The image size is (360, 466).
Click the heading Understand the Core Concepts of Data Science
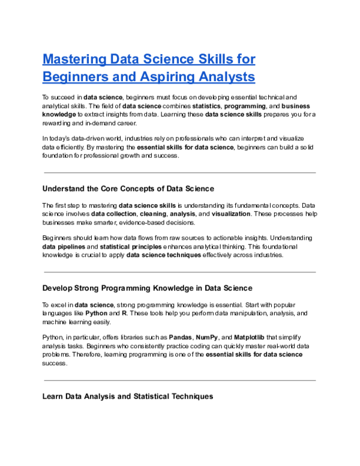click(128, 189)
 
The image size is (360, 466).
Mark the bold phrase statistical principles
click(130, 246)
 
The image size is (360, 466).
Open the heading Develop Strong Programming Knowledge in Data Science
click(147, 288)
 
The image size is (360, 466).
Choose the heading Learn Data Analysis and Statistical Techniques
click(127, 396)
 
